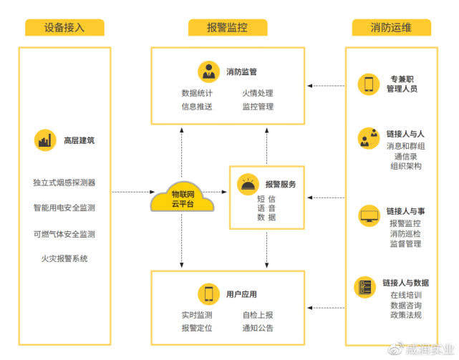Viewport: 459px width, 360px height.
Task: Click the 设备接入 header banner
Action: [x=64, y=28]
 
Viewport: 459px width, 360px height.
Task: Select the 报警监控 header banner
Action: [x=228, y=28]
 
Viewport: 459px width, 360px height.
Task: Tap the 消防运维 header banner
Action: [x=391, y=28]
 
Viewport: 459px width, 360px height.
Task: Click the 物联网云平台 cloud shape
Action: [x=182, y=197]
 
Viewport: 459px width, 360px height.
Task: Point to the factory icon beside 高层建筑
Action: [x=45, y=140]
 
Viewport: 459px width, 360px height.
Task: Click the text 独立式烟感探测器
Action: [x=64, y=183]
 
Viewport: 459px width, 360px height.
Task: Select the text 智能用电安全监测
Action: [x=64, y=208]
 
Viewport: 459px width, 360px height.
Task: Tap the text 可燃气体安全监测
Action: [x=64, y=234]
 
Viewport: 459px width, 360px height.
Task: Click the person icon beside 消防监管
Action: [x=208, y=72]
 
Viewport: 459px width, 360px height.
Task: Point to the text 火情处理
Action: [x=257, y=93]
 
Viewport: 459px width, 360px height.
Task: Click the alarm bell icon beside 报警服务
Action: [x=248, y=184]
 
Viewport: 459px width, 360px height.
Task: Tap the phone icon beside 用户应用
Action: [x=208, y=293]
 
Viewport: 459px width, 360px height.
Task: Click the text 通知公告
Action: [x=257, y=328]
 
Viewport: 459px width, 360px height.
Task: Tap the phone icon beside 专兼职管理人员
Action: [x=368, y=84]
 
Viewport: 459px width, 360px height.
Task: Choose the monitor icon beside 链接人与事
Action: [x=369, y=215]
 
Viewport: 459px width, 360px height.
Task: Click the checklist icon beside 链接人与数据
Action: [x=365, y=286]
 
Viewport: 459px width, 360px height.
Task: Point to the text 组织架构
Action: [x=406, y=166]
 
